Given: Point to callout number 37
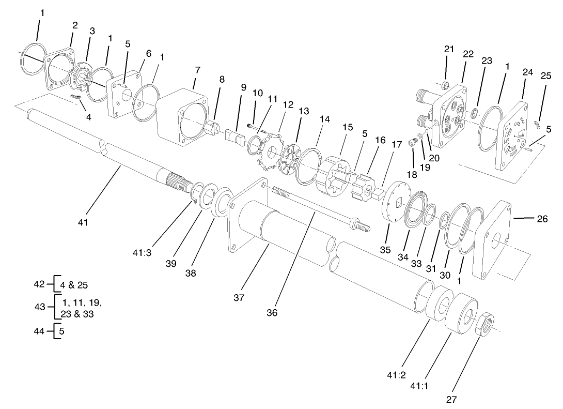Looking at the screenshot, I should (239, 297).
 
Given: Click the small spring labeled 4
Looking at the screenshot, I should (76, 97).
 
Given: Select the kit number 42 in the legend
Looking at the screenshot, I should (39, 284).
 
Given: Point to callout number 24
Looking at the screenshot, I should (527, 72).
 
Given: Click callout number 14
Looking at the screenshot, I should (324, 118).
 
